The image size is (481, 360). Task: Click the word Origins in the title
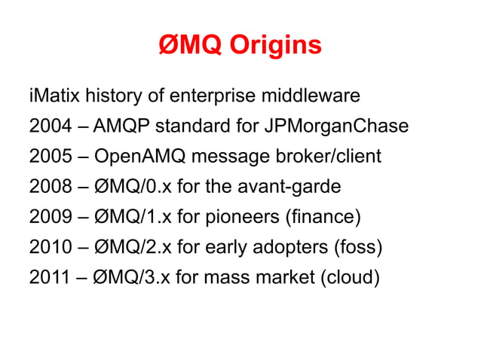(276, 46)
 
